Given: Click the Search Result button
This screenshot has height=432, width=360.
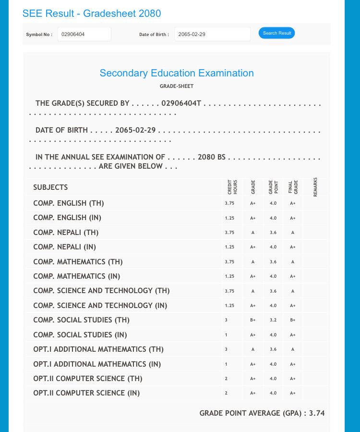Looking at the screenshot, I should [x=277, y=33].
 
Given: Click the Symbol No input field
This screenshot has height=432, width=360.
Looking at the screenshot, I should [x=84, y=34].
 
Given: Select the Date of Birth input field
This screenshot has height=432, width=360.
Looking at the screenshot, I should [x=212, y=34].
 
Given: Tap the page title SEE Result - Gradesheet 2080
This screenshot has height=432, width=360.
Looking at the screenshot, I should [x=92, y=13].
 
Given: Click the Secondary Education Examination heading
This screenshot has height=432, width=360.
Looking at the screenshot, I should [x=177, y=73].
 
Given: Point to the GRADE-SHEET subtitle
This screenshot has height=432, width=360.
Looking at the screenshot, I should [x=177, y=86].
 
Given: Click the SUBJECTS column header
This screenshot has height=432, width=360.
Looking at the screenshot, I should [x=50, y=187].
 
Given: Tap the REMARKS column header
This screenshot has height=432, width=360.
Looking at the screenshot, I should [x=315, y=187].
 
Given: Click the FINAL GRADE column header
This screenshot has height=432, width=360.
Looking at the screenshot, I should [x=293, y=187].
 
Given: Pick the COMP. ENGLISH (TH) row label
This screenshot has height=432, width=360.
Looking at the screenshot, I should [x=69, y=203].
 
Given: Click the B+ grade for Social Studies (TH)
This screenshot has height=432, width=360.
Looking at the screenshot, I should [x=252, y=320].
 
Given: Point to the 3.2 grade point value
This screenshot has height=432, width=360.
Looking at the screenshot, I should [x=273, y=320].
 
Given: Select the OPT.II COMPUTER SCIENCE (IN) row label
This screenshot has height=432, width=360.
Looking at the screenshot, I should [x=86, y=393].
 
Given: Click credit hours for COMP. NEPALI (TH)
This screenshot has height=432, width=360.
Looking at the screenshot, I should [x=229, y=233].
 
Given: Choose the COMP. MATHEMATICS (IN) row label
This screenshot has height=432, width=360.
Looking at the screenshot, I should [x=77, y=276].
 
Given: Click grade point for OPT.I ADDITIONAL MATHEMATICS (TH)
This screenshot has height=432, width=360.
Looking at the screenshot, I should [x=273, y=349].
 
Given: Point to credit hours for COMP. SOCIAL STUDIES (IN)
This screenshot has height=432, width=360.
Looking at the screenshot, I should [x=226, y=335].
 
